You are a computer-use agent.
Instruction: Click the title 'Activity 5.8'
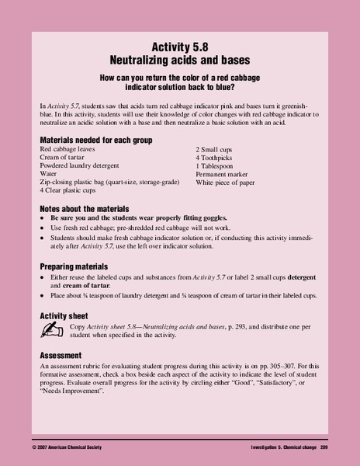click(x=179, y=46)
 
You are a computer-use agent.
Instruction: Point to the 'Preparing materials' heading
click(x=76, y=265)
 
